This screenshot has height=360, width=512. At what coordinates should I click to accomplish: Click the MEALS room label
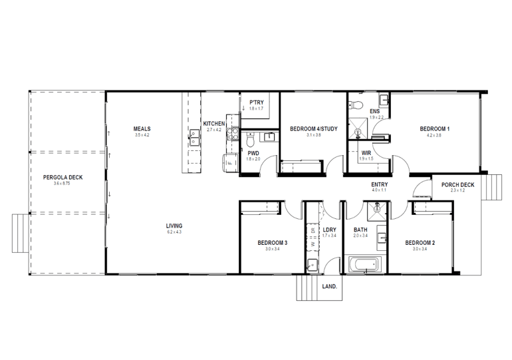click(142, 129)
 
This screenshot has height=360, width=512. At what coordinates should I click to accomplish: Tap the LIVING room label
click(174, 226)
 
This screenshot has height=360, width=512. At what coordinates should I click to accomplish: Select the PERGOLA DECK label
click(63, 177)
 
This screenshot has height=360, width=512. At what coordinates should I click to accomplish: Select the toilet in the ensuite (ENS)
click(356, 105)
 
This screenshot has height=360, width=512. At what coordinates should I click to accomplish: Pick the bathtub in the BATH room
click(364, 266)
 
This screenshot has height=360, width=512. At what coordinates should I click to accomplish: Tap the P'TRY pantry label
click(256, 102)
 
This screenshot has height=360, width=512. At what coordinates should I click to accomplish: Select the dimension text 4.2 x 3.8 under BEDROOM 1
click(434, 135)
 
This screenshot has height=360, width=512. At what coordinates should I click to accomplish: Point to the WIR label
click(366, 152)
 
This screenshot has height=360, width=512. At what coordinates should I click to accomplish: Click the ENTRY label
click(380, 184)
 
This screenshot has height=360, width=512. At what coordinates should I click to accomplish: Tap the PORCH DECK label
click(457, 185)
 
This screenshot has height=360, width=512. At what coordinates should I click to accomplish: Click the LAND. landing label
click(329, 287)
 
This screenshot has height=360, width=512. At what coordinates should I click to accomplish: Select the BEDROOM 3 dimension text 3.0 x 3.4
click(272, 249)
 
